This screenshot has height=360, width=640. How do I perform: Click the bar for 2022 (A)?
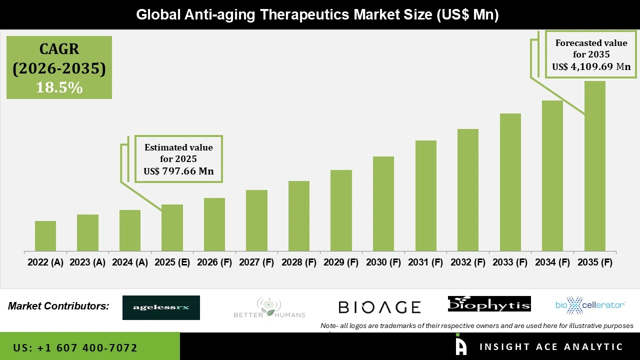pos(45,236)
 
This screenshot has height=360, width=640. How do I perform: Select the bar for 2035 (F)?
pos(594,166)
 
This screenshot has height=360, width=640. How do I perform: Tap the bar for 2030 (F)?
pos(383,203)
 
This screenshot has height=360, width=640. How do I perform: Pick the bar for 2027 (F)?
pos(256,220)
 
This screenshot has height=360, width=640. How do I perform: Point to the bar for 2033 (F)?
pos(510,182)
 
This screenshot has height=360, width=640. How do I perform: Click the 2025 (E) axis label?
pos(172,262)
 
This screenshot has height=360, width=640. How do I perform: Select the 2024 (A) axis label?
pos(130,262)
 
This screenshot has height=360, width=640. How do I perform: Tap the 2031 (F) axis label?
pos(425,262)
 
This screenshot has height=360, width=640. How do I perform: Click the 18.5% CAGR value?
pos(59,88)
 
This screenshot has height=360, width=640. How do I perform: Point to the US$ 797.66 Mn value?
pos(178,171)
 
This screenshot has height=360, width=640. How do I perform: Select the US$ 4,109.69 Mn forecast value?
pos(591,66)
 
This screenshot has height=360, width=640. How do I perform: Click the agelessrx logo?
pos(161,307)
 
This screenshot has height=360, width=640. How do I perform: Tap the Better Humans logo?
pos(269,307)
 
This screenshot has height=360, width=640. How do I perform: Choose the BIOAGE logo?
pos(379,307)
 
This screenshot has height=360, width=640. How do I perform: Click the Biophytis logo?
pos(489,304)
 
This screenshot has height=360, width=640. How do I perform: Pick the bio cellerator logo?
pos(590,305)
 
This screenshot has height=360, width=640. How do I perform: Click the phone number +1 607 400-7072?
pos(75,347)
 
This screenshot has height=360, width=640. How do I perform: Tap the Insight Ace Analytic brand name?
pos(551,347)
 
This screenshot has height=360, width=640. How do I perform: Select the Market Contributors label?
pos(58,306)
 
